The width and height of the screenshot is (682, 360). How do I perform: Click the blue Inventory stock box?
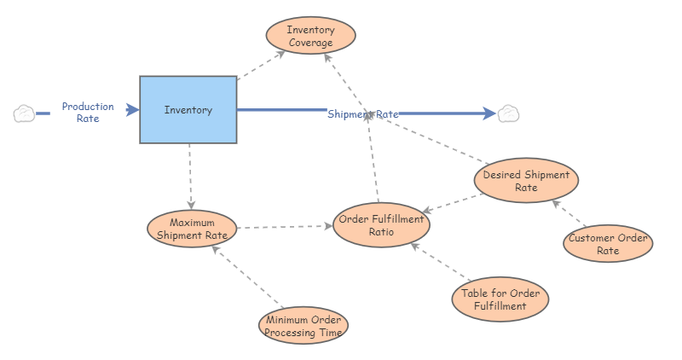click(x=188, y=110)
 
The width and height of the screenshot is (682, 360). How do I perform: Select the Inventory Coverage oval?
click(x=310, y=36)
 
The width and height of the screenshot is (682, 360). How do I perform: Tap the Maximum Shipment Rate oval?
click(x=192, y=229)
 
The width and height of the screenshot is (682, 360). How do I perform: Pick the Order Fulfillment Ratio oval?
click(x=381, y=225)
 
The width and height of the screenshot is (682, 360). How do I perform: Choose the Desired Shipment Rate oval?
click(x=526, y=180)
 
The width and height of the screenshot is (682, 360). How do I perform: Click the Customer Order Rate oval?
click(x=608, y=243)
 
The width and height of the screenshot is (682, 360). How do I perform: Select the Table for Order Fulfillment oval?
click(x=500, y=299)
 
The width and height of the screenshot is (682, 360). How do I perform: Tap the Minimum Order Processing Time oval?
click(x=303, y=325)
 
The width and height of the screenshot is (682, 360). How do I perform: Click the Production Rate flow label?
click(x=88, y=113)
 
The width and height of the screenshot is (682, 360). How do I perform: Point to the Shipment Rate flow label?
click(x=363, y=114)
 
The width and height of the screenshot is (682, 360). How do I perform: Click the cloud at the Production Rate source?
click(x=24, y=113)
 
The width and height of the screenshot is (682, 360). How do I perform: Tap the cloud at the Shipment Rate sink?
click(x=508, y=113)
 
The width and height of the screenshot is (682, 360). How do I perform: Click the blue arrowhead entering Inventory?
click(x=132, y=110)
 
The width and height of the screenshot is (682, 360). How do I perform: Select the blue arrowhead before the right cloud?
click(x=489, y=113)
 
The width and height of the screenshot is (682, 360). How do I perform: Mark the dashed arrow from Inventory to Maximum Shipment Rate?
click(x=190, y=177)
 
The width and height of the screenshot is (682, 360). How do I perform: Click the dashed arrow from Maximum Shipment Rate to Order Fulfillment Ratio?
click(x=285, y=227)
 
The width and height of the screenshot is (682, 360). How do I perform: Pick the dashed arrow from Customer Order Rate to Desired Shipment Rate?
click(x=569, y=213)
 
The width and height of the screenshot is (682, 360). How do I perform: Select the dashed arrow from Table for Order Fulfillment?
click(x=441, y=262)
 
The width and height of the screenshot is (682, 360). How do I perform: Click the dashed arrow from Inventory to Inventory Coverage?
click(x=261, y=66)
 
